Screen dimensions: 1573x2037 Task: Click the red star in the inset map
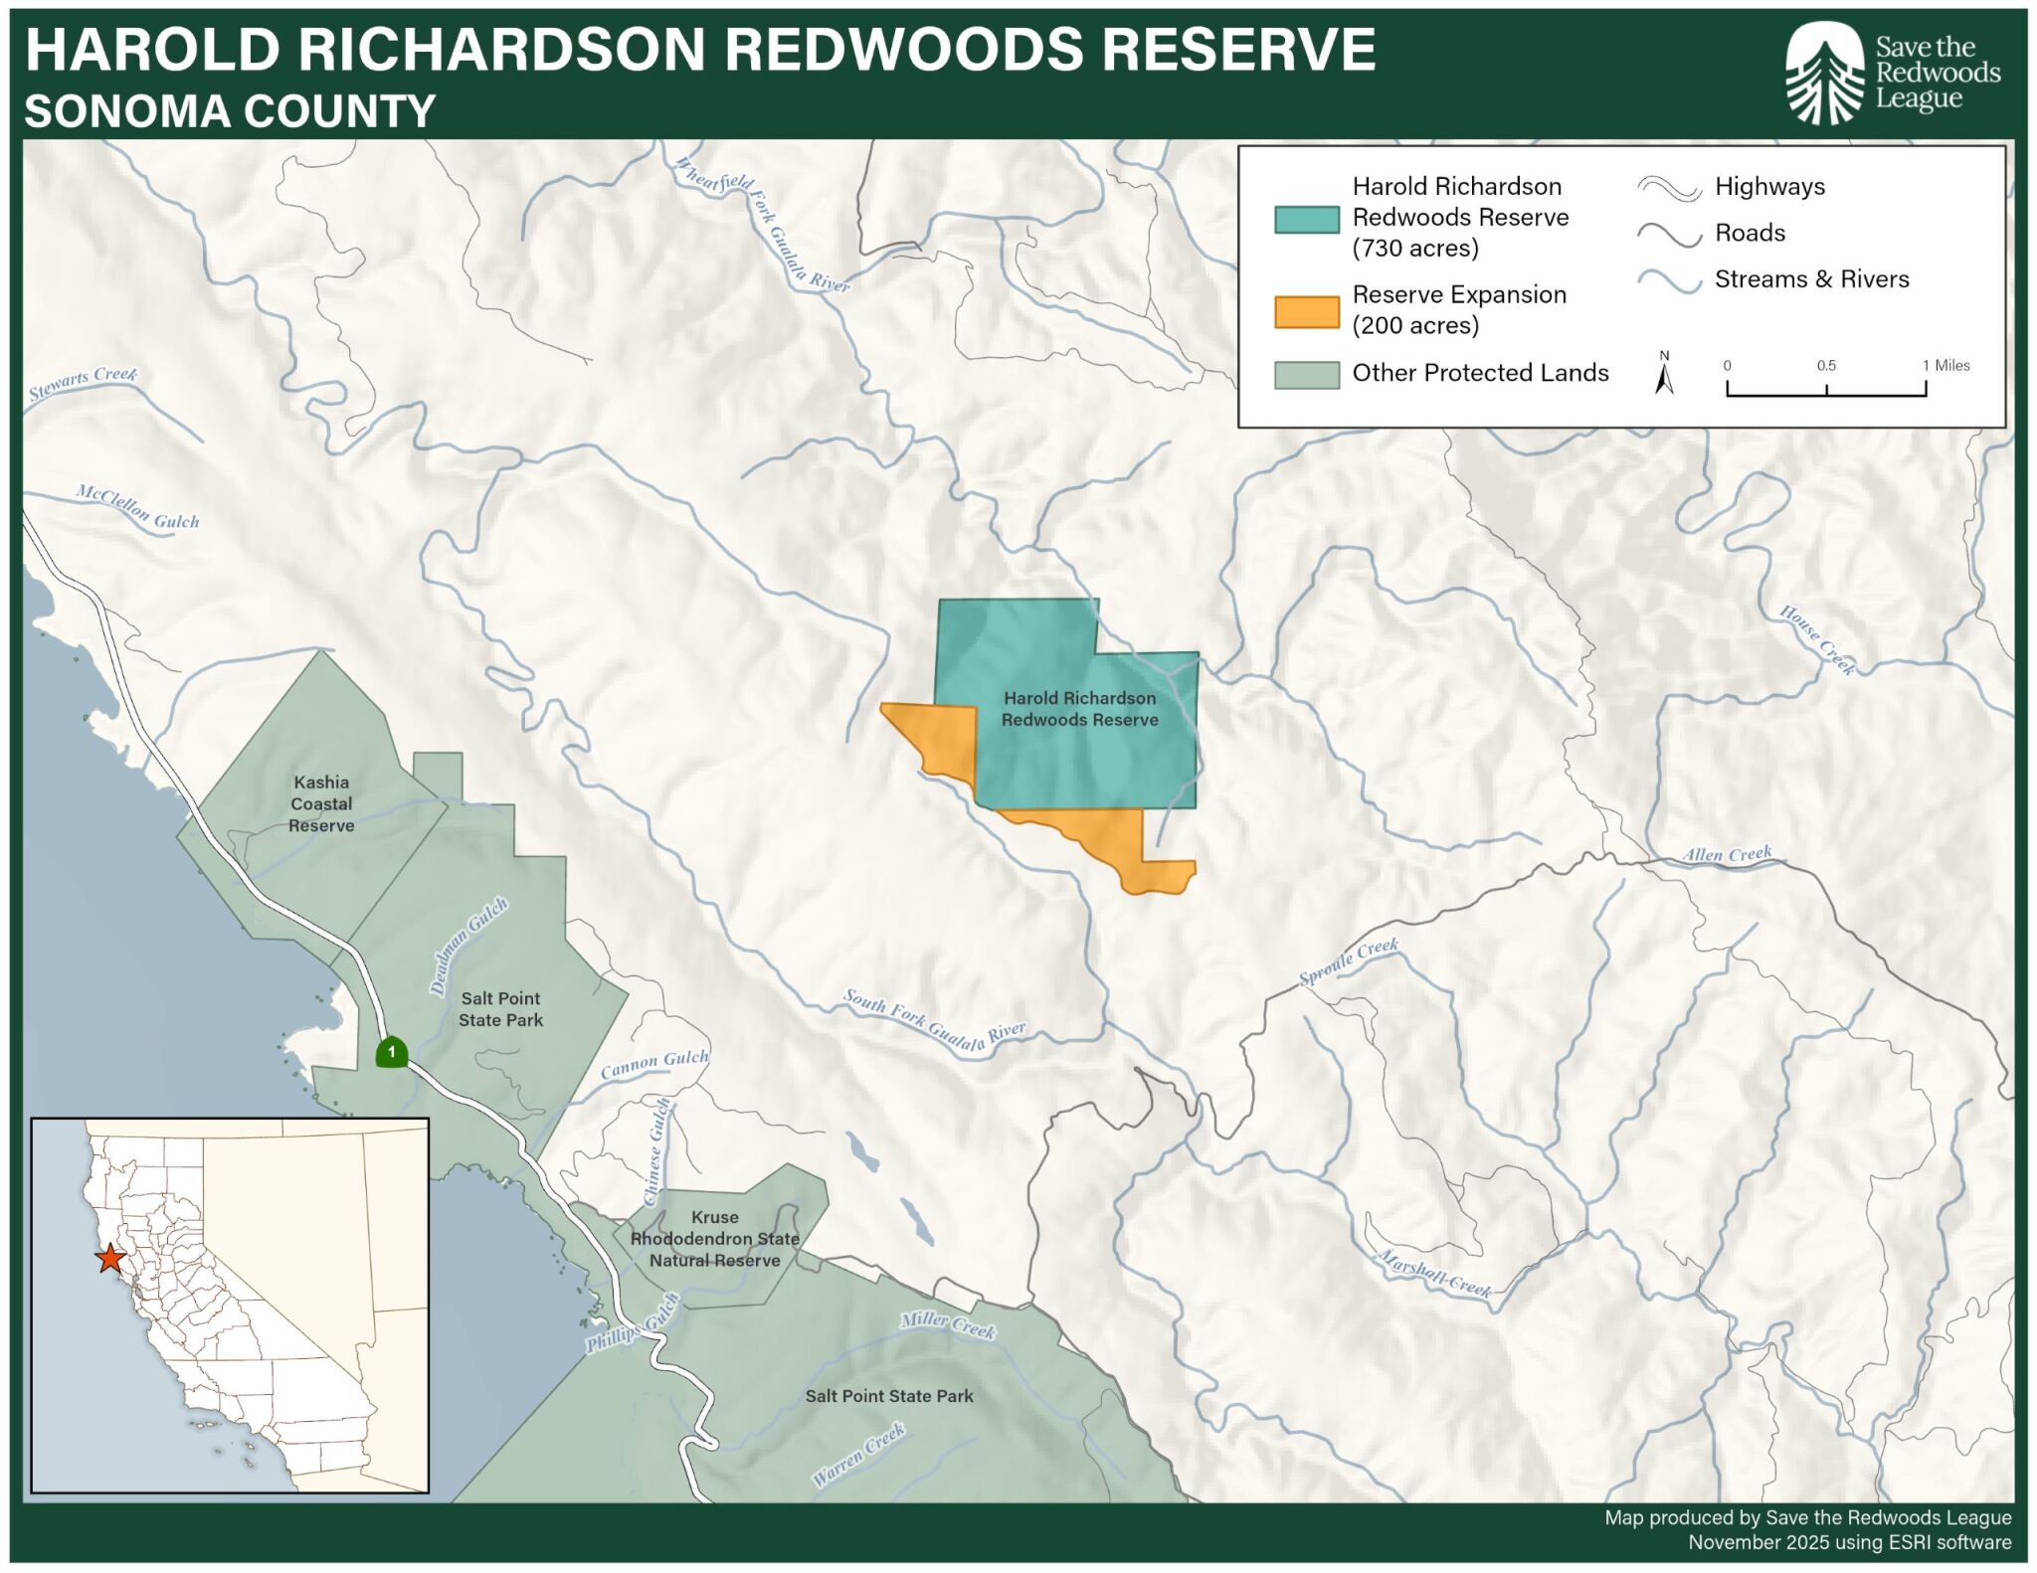click(109, 1259)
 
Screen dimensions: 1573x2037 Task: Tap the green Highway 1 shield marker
click(392, 1052)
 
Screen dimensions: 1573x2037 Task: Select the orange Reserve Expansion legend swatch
click(1306, 311)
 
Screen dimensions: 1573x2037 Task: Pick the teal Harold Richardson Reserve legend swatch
click(1306, 219)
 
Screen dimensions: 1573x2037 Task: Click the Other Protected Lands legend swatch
click(1306, 375)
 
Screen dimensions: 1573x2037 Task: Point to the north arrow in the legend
click(1664, 374)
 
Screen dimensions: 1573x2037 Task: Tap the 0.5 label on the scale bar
click(1826, 366)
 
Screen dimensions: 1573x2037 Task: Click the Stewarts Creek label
click(83, 382)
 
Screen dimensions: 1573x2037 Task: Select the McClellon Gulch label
click(138, 507)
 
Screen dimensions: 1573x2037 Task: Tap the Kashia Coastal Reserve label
click(321, 803)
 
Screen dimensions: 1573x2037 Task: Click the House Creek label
click(1817, 639)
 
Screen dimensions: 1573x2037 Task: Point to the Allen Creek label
click(1727, 854)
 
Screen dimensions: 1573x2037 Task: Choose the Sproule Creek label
click(1349, 961)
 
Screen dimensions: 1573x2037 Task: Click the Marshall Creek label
click(1434, 1274)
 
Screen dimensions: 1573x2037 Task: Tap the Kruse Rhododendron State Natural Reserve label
click(714, 1239)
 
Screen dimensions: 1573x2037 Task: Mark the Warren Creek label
click(858, 1455)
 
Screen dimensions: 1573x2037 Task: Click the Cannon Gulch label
click(654, 1064)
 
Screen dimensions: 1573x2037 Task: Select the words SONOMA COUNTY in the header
click(230, 110)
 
